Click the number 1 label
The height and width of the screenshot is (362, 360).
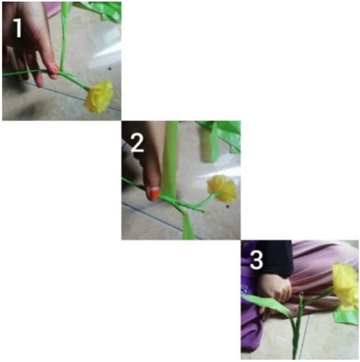(17, 28)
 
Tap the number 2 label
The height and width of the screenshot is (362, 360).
(137, 143)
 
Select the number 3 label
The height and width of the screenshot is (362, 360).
(256, 260)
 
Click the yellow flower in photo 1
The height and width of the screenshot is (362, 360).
(99, 97)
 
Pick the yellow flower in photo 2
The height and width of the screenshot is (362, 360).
(222, 188)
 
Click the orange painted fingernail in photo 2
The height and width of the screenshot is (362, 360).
(154, 193)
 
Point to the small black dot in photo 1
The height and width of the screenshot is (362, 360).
(110, 69)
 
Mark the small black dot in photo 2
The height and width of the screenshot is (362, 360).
(228, 206)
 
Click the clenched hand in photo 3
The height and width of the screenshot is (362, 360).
(276, 287)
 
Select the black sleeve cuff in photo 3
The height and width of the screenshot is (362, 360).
(275, 259)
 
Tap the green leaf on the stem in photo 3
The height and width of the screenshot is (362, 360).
(265, 303)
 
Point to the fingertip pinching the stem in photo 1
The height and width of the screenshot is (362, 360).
(55, 69)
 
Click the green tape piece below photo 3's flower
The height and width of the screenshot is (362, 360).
(346, 316)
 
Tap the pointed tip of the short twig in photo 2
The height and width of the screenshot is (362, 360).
(207, 212)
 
